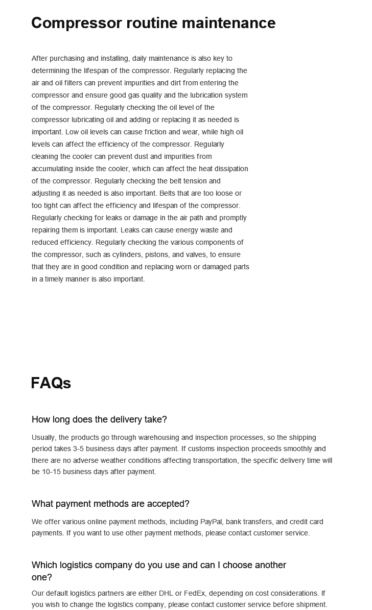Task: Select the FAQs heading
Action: point(51,383)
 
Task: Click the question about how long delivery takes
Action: point(99,419)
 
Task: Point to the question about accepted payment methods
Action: point(110,504)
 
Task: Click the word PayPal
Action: point(211,522)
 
